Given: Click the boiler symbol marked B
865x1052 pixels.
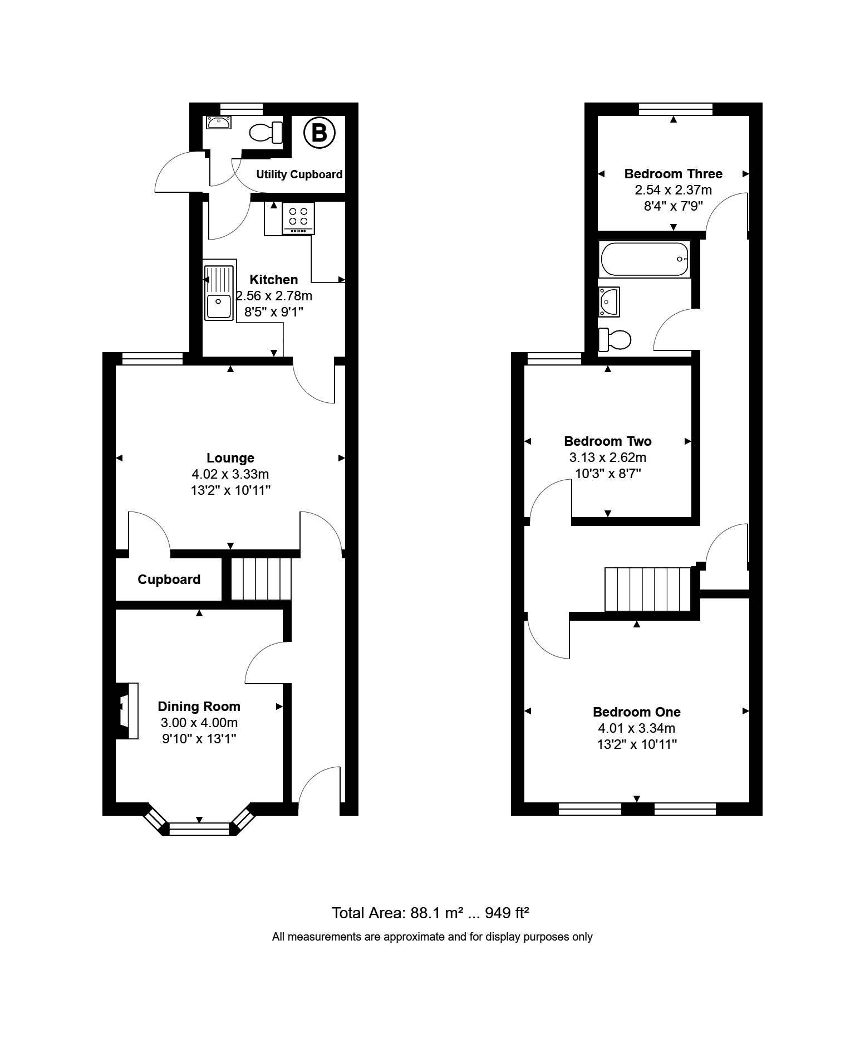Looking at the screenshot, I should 319,133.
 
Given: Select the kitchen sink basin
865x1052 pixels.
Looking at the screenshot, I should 219,306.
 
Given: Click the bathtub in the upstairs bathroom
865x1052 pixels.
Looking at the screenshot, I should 644,259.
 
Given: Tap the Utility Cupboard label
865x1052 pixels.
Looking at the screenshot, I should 299,174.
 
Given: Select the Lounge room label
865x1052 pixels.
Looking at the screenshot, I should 230,458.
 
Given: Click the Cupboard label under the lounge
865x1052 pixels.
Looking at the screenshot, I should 169,579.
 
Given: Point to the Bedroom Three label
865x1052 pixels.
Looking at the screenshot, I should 673,174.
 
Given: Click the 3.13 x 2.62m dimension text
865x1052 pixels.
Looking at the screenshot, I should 607,457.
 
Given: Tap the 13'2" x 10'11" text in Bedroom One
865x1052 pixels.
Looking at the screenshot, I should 637,744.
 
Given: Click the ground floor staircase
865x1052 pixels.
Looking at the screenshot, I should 261,579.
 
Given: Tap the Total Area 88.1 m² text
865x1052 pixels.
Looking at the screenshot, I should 430,913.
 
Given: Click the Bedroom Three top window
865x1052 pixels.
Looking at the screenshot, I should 675,109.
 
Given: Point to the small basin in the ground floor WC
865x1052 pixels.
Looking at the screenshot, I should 218,122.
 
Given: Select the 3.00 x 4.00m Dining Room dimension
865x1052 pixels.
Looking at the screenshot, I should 199,723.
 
